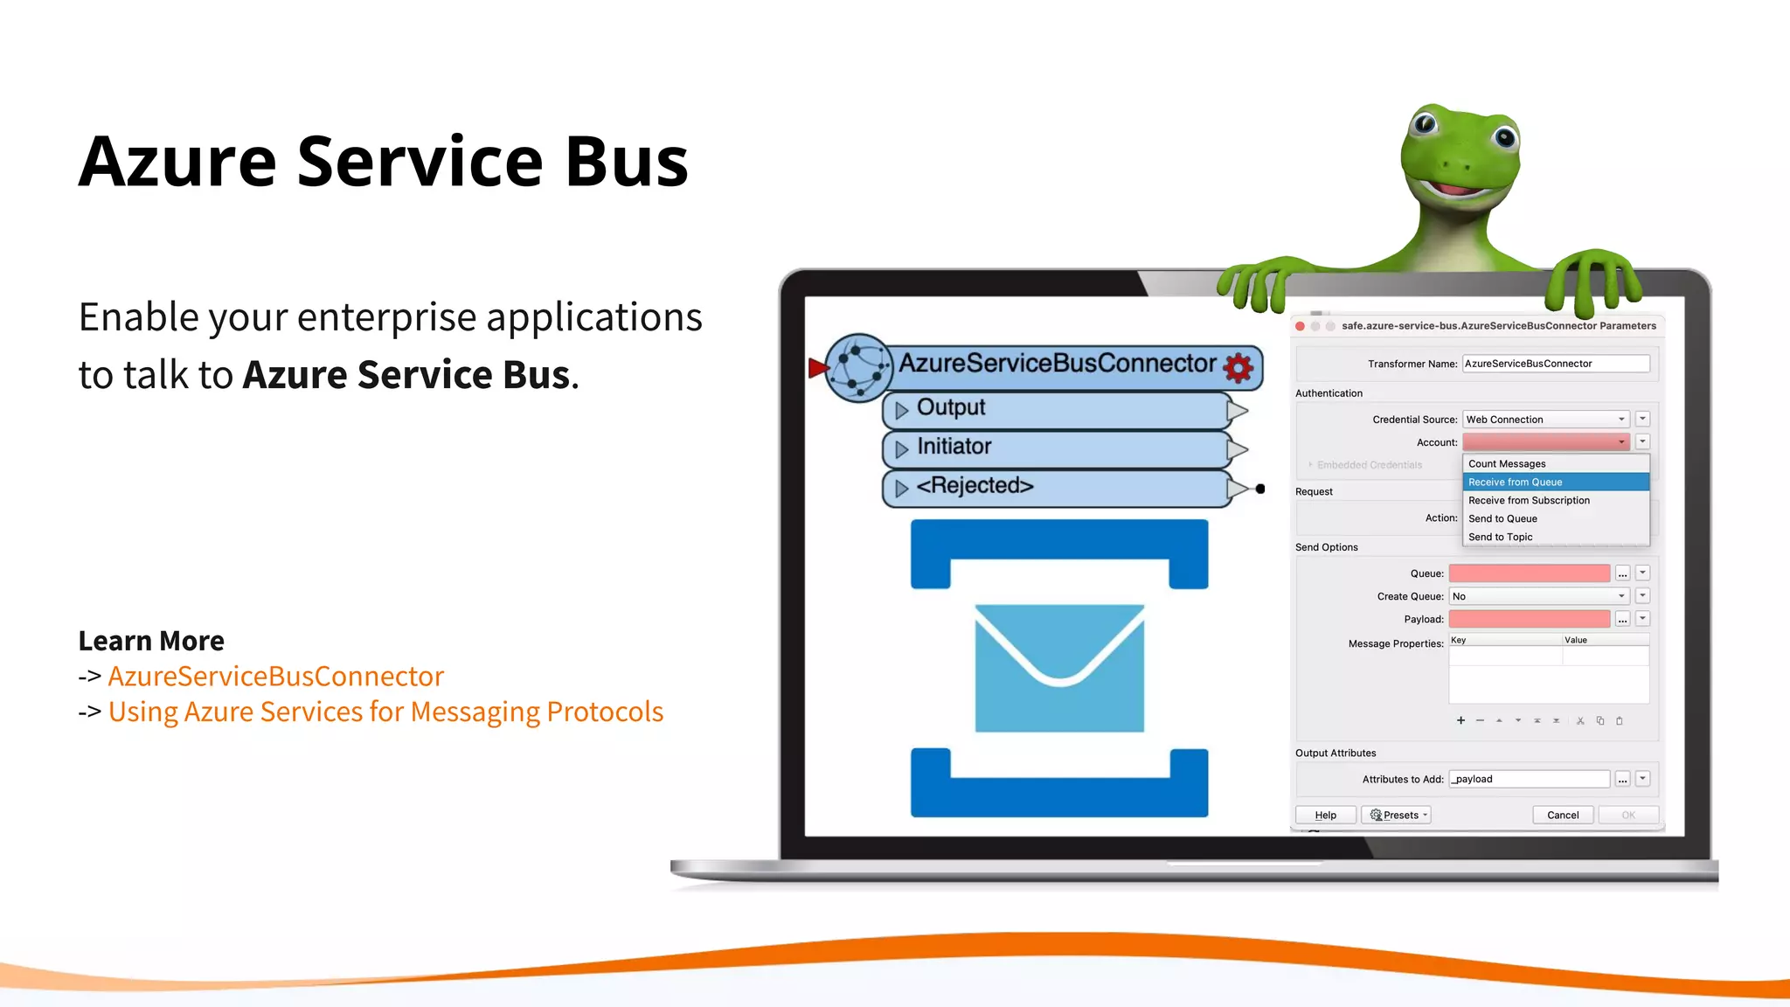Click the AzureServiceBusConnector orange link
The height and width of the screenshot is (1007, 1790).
[275, 677]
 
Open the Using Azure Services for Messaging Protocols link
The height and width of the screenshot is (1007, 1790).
[385, 712]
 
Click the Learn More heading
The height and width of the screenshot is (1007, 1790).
[151, 641]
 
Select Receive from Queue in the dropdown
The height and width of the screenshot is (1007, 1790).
[1555, 483]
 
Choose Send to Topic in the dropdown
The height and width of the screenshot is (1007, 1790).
[1500, 538]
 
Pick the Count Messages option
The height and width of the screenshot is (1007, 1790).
[1507, 464]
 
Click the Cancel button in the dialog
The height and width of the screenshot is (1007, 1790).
[1563, 816]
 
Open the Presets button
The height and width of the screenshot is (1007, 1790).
[1396, 816]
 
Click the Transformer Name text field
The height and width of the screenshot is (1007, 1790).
[1555, 364]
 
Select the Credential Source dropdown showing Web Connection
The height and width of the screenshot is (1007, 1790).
[1544, 420]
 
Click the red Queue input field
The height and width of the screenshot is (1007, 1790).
[1529, 573]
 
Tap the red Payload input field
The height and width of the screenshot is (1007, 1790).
[1529, 619]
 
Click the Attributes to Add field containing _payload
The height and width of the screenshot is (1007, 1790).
[1529, 779]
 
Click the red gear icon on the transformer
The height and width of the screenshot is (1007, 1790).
[1238, 367]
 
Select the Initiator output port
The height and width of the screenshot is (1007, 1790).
[954, 448]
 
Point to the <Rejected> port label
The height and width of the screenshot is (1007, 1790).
[975, 486]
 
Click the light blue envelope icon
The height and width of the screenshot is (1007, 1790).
[1059, 668]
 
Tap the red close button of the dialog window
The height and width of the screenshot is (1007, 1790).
[1301, 326]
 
